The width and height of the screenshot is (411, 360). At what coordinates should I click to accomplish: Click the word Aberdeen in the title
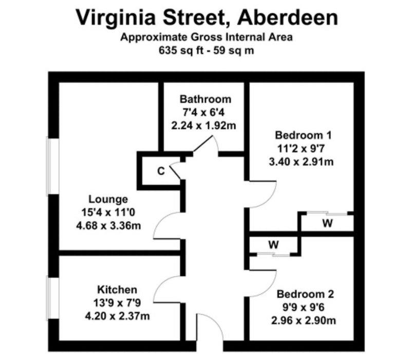tap(288, 17)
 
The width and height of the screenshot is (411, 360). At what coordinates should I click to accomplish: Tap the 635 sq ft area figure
tap(181, 50)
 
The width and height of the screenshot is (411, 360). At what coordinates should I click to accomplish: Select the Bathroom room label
tap(206, 99)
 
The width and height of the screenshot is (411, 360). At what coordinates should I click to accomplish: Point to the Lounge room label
tap(108, 199)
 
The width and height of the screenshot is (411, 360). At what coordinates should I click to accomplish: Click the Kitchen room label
tap(117, 290)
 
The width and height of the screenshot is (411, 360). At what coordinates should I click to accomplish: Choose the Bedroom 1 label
tap(303, 135)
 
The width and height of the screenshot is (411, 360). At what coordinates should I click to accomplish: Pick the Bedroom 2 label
tap(305, 294)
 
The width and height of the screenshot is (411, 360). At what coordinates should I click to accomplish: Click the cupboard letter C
tap(161, 171)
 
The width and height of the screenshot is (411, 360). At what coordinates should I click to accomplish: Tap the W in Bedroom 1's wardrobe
tap(327, 223)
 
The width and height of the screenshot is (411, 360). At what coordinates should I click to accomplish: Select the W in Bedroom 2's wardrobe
tap(273, 245)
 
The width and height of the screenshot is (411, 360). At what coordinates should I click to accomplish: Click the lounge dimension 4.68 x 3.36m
tap(108, 225)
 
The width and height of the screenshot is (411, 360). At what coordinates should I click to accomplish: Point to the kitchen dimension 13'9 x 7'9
tap(117, 303)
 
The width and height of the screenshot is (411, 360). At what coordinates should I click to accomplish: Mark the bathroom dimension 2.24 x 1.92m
tap(203, 125)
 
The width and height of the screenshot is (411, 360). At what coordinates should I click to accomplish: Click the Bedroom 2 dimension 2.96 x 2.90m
tap(304, 320)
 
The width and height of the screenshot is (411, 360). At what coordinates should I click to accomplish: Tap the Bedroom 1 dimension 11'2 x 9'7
tap(301, 149)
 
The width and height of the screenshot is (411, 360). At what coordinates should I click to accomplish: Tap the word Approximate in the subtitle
tap(154, 37)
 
